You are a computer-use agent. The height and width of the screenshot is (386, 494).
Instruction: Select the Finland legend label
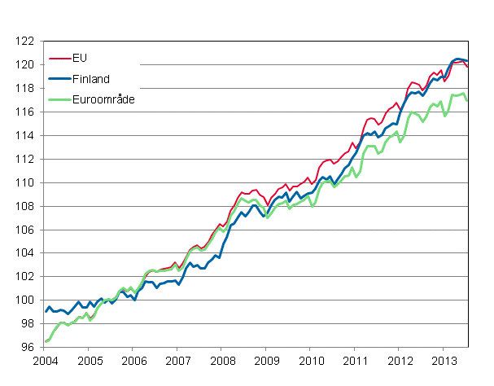point(91,78)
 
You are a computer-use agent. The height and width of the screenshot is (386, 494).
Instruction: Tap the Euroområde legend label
point(103,99)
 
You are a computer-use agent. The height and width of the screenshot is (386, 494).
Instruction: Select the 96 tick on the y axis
point(28,348)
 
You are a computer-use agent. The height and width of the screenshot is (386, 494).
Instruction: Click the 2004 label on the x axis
point(45,361)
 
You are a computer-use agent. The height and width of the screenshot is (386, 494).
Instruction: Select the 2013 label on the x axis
point(443,361)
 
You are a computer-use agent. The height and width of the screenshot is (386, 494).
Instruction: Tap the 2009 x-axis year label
point(266,361)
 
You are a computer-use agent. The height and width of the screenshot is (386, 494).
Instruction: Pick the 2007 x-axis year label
point(177,361)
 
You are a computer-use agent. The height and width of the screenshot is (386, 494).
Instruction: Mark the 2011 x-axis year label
point(355,361)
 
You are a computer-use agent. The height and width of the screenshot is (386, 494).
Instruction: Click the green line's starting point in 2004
point(46,341)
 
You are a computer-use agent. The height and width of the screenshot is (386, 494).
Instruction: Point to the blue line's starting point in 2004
point(46,312)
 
